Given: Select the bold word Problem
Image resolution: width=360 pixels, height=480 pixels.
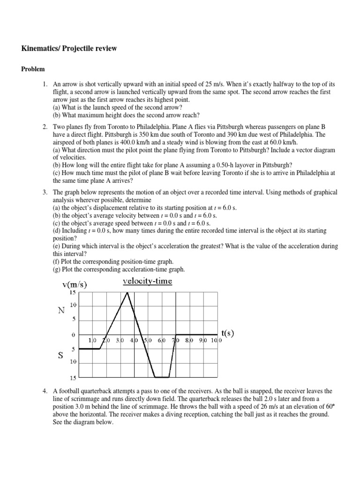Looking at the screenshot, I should tap(33, 69).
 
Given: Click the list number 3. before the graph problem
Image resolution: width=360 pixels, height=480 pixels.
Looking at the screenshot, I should tap(45, 193).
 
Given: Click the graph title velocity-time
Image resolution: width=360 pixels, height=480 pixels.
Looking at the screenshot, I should tap(148, 281).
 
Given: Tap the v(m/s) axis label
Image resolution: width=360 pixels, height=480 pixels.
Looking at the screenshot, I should tap(75, 284).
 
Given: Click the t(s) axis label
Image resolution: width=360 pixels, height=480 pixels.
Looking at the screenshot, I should tap(227, 333).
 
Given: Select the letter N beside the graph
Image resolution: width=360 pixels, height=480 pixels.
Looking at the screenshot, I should tap(61, 310).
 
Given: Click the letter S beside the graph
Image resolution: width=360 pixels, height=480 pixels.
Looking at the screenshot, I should tap(60, 355).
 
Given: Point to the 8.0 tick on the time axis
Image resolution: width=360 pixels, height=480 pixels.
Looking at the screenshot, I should tap(189, 341).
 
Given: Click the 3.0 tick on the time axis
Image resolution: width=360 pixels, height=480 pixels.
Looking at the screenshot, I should tap(120, 341).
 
